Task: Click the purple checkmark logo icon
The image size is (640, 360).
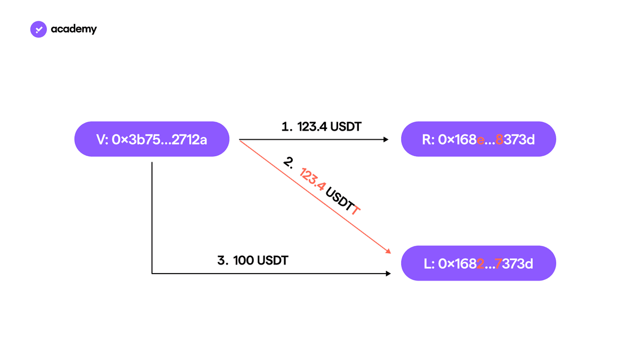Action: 38,29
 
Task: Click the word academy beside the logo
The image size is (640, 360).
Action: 74,29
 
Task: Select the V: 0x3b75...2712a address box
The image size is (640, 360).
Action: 151,139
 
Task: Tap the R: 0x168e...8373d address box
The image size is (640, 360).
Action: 478,139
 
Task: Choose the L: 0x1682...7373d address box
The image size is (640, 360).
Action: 478,263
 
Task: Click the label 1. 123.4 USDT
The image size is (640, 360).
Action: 322,126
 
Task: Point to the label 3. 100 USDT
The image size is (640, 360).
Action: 253,260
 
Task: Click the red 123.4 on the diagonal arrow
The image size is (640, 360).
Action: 311,179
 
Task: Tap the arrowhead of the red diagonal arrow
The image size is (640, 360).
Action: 388,251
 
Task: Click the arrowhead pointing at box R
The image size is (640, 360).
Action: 386,139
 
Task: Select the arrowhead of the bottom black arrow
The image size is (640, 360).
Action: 388,274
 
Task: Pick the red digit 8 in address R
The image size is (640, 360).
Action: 499,139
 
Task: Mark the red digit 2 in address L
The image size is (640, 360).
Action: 481,263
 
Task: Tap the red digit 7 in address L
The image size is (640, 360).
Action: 498,263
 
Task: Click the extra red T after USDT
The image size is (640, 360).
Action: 355,210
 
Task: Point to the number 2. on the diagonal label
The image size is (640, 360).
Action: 289,162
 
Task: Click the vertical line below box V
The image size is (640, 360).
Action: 151,218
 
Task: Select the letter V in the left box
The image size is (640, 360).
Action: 101,140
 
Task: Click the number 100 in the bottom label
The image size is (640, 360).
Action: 243,260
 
